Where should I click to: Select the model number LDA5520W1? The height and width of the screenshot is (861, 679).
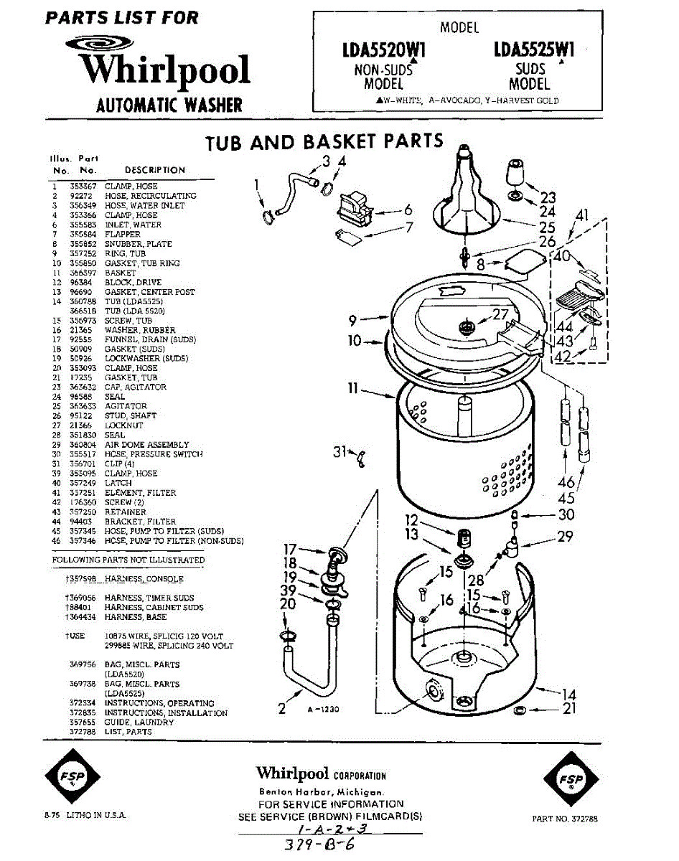pyautogui.click(x=384, y=50)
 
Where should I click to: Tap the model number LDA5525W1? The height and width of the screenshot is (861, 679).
pyautogui.click(x=534, y=50)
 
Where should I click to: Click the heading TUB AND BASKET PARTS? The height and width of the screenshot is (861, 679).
pyautogui.click(x=324, y=141)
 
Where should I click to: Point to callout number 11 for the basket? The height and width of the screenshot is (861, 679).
pyautogui.click(x=352, y=389)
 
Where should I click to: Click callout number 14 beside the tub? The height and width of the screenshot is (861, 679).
pyautogui.click(x=568, y=694)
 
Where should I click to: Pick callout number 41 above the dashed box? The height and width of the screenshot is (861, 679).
pyautogui.click(x=581, y=215)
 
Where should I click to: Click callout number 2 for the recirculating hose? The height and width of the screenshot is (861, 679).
pyautogui.click(x=282, y=709)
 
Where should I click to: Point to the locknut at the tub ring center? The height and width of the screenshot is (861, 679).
pyautogui.click(x=466, y=327)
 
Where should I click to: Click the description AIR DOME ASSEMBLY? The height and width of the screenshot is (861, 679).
pyautogui.click(x=146, y=445)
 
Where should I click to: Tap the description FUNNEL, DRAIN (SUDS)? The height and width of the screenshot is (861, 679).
pyautogui.click(x=150, y=339)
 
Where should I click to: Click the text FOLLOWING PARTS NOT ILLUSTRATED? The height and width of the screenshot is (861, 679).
pyautogui.click(x=128, y=560)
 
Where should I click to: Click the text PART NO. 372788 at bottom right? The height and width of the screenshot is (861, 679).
pyautogui.click(x=565, y=819)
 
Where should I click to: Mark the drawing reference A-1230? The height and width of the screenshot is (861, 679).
pyautogui.click(x=322, y=709)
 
